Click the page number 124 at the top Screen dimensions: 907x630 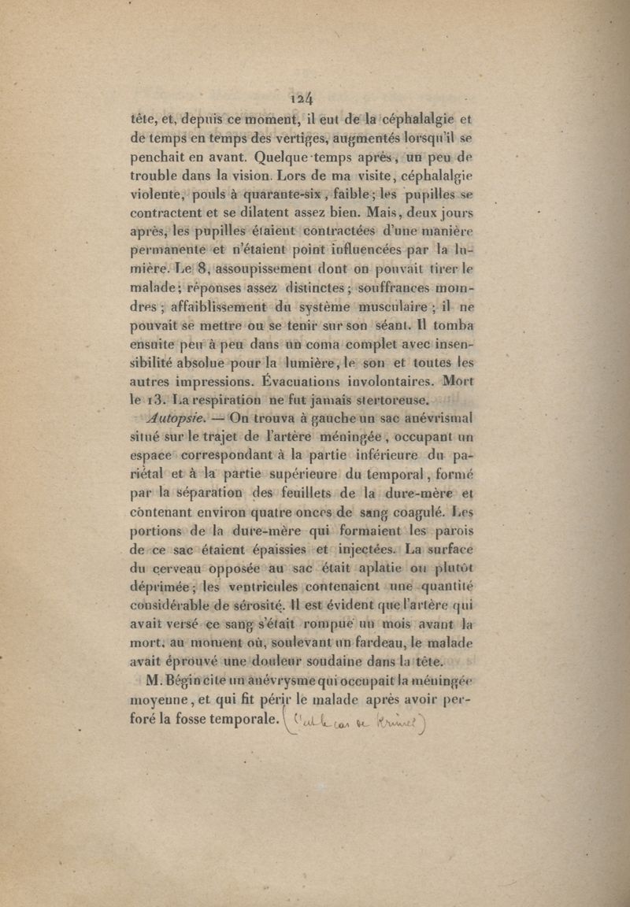pyautogui.click(x=302, y=98)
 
